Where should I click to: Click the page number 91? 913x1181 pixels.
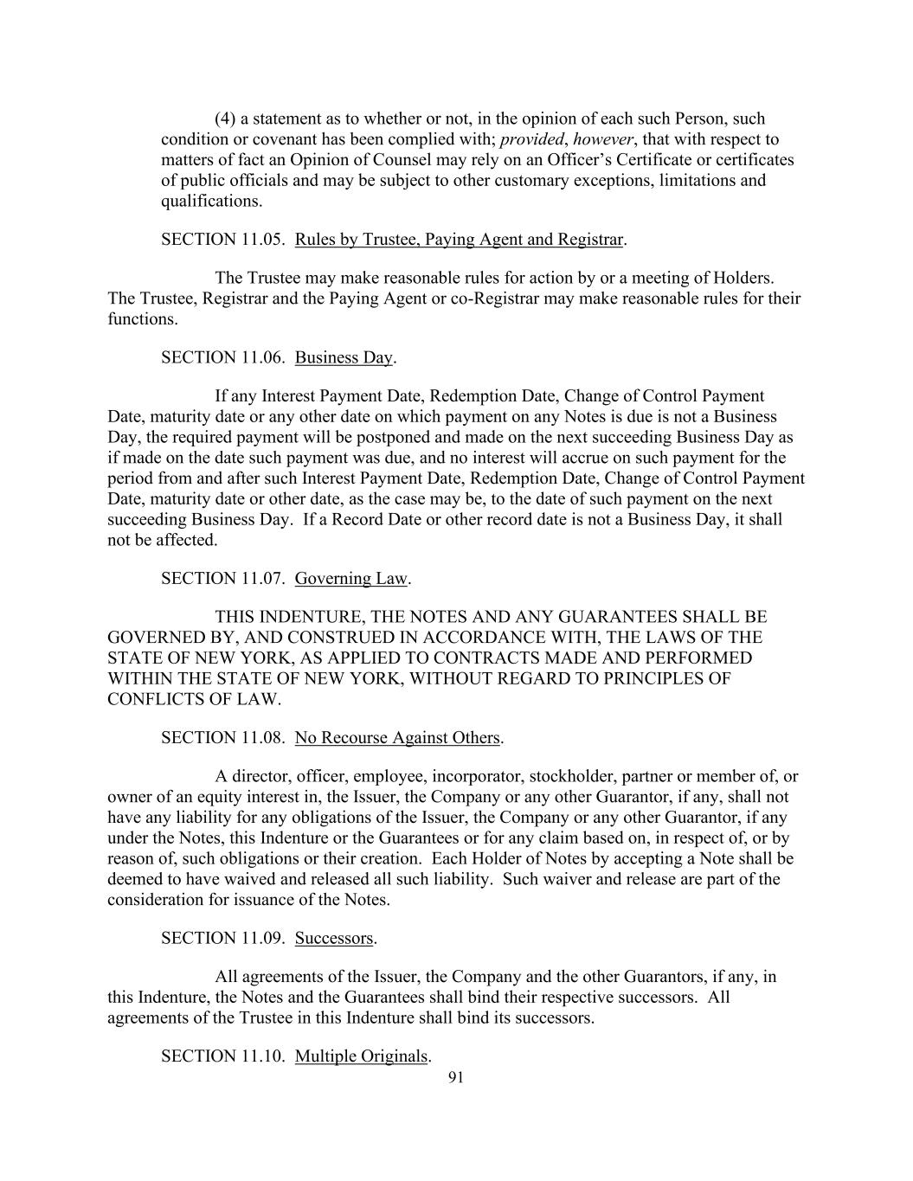click(x=457, y=1077)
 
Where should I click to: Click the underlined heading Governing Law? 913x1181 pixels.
click(x=350, y=578)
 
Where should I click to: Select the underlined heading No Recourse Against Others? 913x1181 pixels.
click(x=397, y=737)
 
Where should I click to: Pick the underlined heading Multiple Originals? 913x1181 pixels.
click(x=362, y=1056)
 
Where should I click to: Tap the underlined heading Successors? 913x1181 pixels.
click(x=334, y=938)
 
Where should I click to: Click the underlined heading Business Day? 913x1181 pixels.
click(x=344, y=357)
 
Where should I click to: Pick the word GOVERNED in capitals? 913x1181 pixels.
click(x=154, y=638)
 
